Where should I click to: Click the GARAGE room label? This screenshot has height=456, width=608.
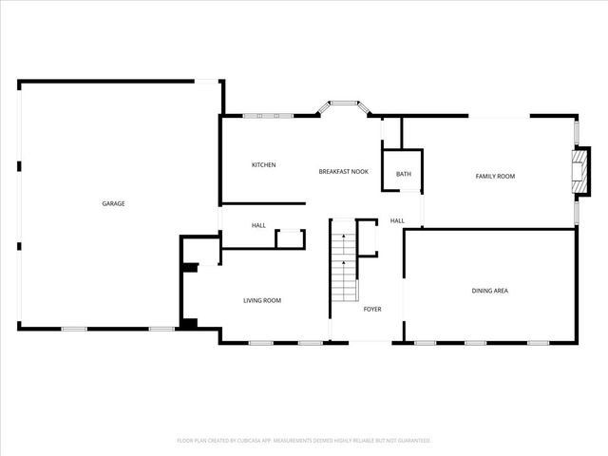pyautogui.click(x=114, y=203)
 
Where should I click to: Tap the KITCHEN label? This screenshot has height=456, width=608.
pyautogui.click(x=263, y=165)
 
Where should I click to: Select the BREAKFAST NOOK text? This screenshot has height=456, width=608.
pyautogui.click(x=343, y=171)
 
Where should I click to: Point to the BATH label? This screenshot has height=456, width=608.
pyautogui.click(x=404, y=174)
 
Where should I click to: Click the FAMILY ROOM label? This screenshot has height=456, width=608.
pyautogui.click(x=495, y=176)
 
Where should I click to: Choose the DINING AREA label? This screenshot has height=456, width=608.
pyautogui.click(x=489, y=290)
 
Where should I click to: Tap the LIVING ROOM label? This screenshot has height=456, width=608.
pyautogui.click(x=262, y=300)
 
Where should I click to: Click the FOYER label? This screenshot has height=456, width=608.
pyautogui.click(x=373, y=309)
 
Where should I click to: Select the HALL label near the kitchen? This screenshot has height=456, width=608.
pyautogui.click(x=258, y=225)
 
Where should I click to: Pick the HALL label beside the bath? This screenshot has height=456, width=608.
pyautogui.click(x=397, y=220)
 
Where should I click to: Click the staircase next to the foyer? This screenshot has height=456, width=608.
pyautogui.click(x=341, y=271)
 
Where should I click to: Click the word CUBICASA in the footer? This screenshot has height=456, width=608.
pyautogui.click(x=272, y=441)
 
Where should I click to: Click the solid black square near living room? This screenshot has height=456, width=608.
pyautogui.click(x=188, y=324)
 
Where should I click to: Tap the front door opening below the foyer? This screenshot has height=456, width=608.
pyautogui.click(x=367, y=342)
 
